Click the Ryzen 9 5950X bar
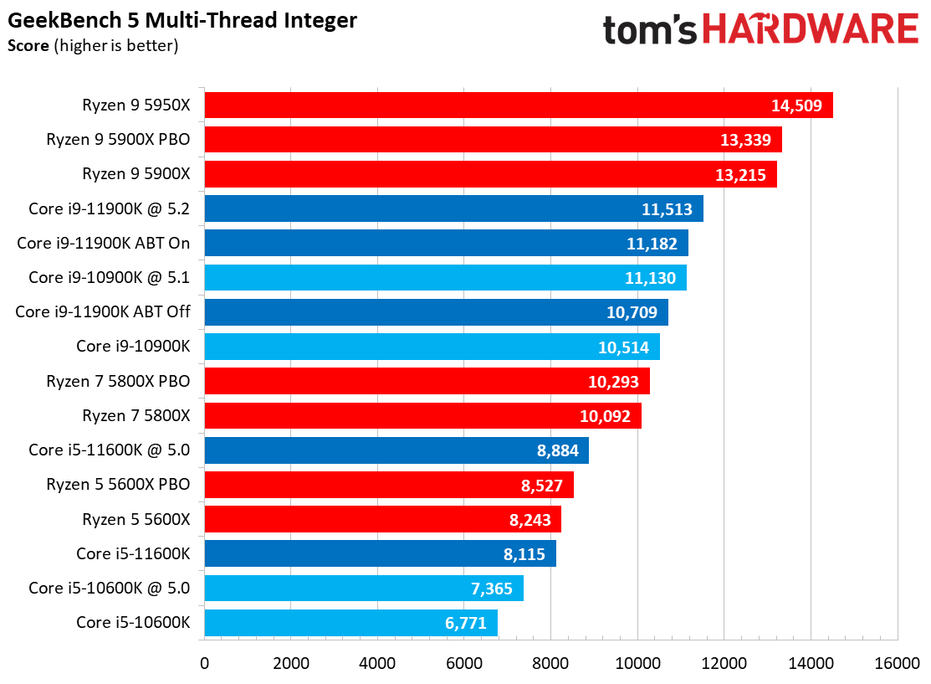click(519, 105)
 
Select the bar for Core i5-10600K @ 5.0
click(364, 589)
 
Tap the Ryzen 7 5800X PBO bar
click(427, 381)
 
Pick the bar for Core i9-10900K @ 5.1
click(446, 277)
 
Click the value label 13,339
click(746, 140)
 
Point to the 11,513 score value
click(667, 209)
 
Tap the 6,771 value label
click(465, 623)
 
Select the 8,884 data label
click(558, 450)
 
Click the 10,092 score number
click(605, 416)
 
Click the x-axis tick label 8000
click(550, 663)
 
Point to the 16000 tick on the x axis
click(897, 663)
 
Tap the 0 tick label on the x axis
click(205, 663)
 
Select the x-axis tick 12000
click(724, 663)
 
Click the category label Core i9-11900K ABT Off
click(103, 312)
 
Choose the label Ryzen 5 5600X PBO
click(118, 485)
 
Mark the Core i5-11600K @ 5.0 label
click(110, 450)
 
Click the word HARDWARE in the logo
click(811, 28)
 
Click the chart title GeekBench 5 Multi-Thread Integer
click(182, 21)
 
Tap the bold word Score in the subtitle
click(28, 46)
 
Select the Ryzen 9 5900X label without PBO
click(136, 173)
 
